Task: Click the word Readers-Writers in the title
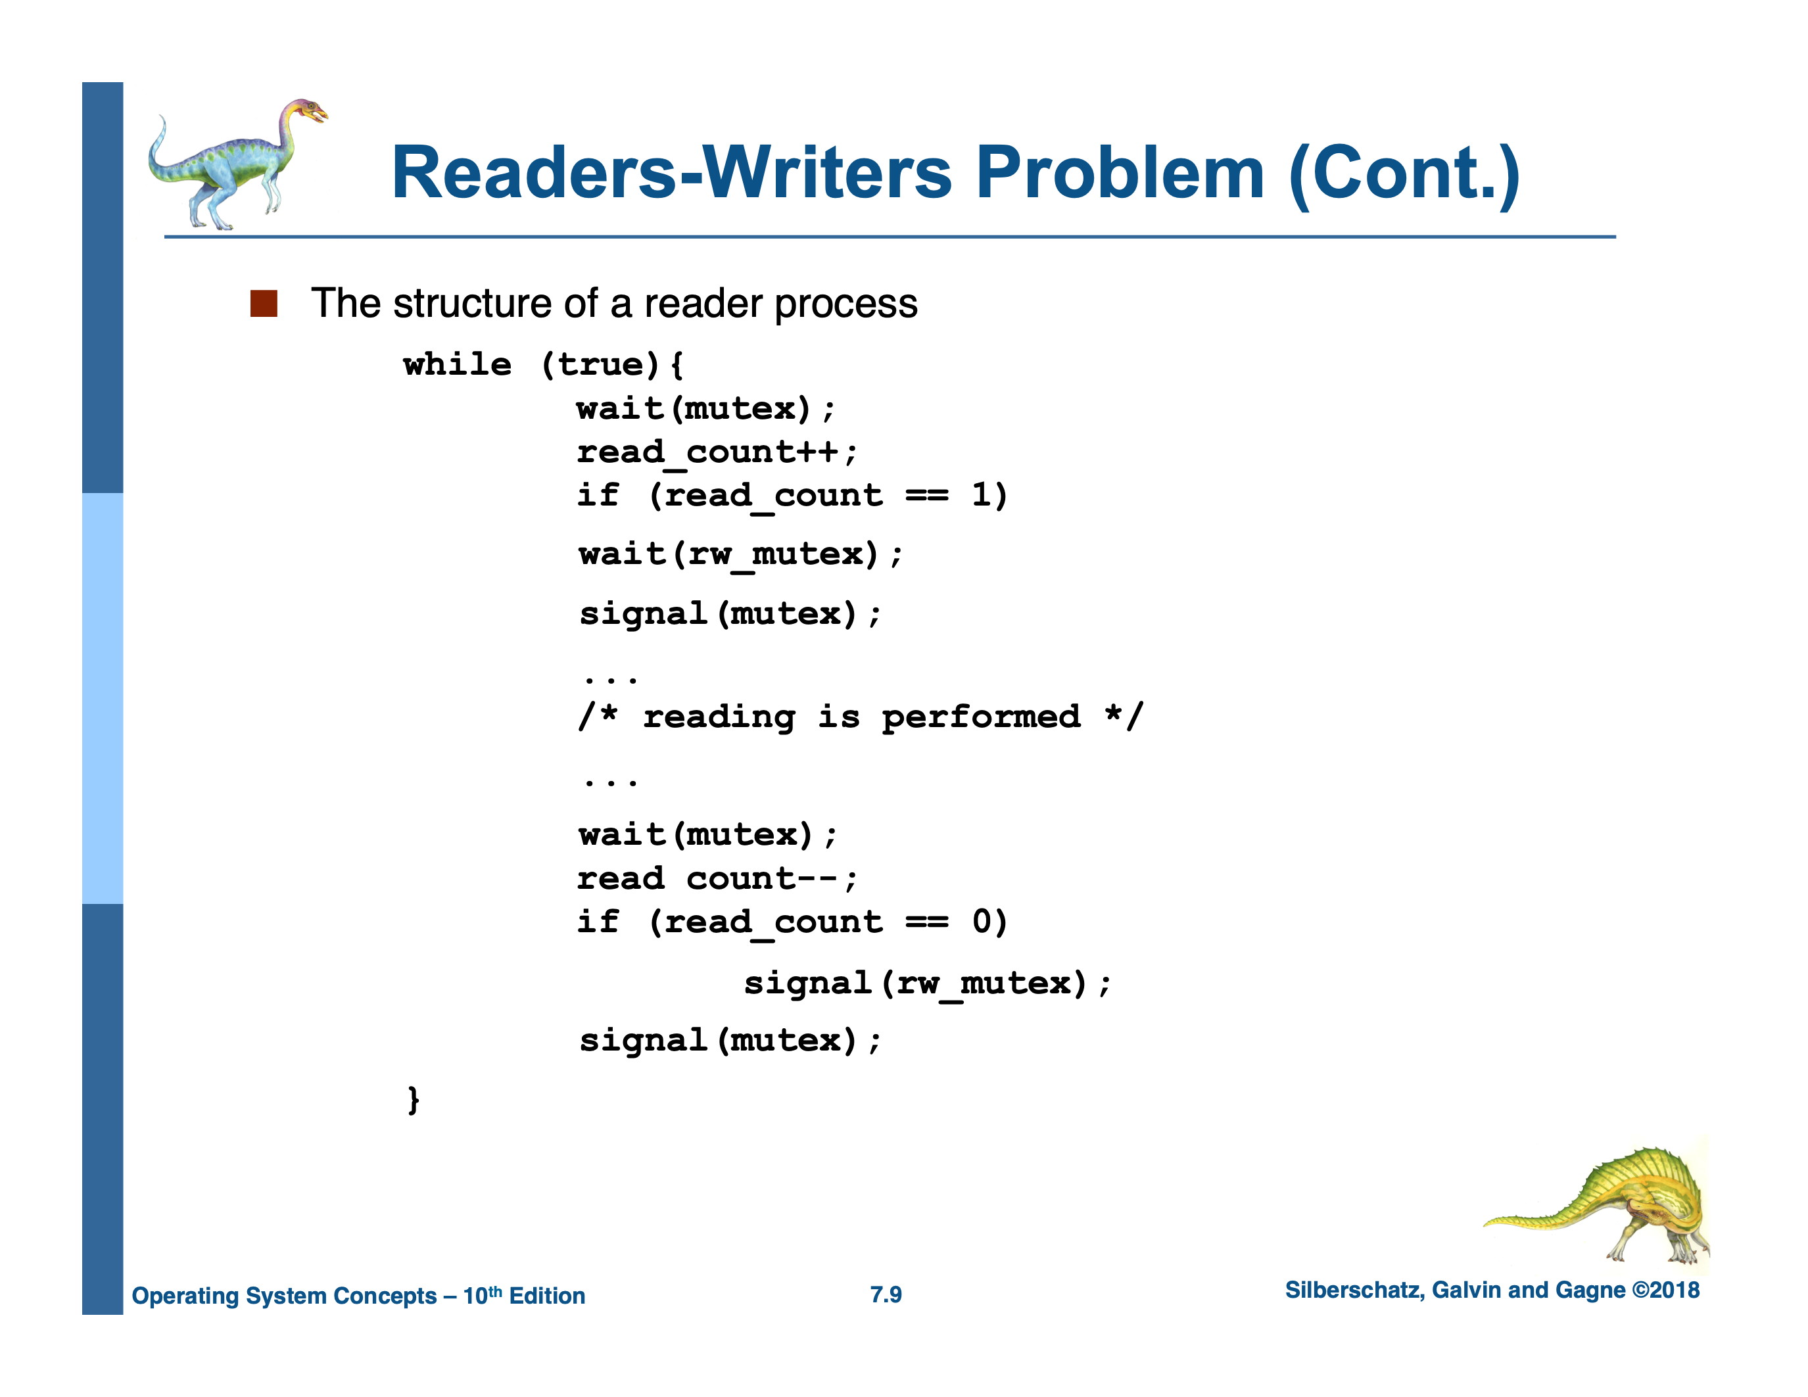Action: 671,173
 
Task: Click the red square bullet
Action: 263,304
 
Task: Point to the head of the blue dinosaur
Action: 308,111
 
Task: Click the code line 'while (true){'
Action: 543,365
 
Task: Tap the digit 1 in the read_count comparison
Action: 982,495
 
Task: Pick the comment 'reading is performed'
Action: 861,717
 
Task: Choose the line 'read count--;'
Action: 717,878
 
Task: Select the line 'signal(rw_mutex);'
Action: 927,983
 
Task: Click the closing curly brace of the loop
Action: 413,1100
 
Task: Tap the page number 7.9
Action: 886,1294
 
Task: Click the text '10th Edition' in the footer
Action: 523,1295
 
